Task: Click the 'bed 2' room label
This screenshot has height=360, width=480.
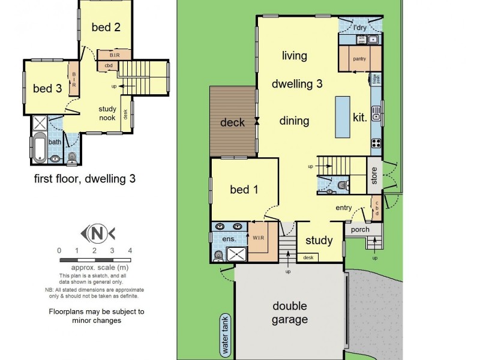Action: pos(106,26)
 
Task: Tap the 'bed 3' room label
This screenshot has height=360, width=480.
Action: pos(47,88)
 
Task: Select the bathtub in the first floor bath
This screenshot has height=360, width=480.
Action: pos(40,148)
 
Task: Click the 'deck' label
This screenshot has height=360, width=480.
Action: pos(232,122)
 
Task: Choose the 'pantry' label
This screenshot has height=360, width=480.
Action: pos(359,59)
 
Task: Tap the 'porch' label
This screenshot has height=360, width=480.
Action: pos(361,229)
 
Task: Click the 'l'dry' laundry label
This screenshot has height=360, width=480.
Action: pos(359,28)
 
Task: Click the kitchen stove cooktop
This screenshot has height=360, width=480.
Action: pos(376,143)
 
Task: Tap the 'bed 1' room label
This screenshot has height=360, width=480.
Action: pos(244,190)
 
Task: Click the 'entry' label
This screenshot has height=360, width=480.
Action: pos(344,208)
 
